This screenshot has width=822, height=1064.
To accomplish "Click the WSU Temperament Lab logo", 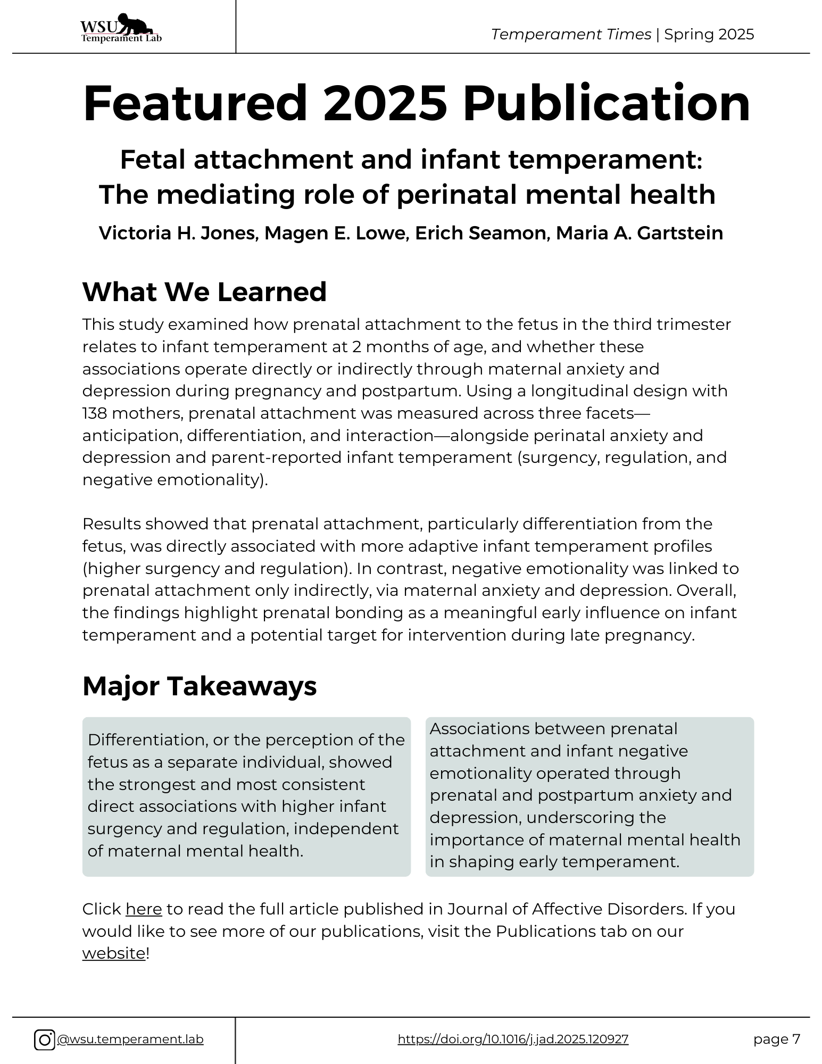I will click(x=121, y=28).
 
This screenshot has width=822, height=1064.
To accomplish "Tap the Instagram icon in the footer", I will click(x=44, y=1040).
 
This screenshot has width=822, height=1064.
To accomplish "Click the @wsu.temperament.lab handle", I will click(x=130, y=1040).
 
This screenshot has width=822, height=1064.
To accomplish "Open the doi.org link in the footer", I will click(x=513, y=1040).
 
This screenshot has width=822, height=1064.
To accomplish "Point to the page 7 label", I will click(x=776, y=1039).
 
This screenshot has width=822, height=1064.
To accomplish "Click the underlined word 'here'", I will click(x=144, y=909).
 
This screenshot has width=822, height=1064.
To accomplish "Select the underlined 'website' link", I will click(x=113, y=953).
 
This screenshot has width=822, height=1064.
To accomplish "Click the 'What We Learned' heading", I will click(x=204, y=292).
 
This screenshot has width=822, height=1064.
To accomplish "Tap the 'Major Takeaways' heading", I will click(x=200, y=686).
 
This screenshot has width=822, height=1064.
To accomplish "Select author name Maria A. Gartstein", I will click(x=640, y=233).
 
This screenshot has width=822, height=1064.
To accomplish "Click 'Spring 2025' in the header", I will click(x=709, y=35).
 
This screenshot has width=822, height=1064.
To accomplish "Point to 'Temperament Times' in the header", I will click(x=571, y=35).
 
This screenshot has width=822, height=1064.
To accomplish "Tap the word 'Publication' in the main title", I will click(x=606, y=104).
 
